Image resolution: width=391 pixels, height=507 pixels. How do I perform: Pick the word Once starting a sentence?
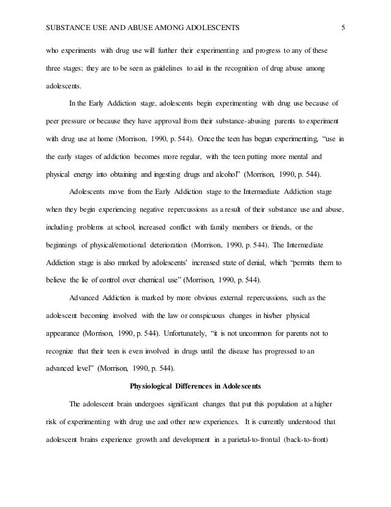pyautogui.click(x=218, y=139)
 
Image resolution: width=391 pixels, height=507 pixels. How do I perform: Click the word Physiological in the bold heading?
pyautogui.click(x=154, y=386)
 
